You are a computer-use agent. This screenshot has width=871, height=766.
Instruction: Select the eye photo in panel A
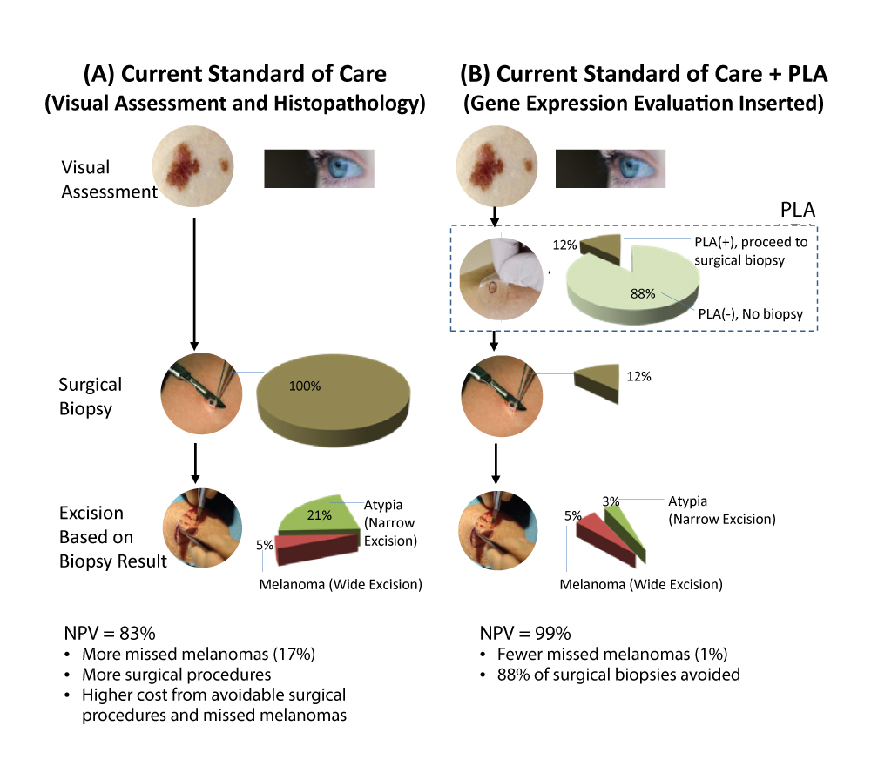[318, 168]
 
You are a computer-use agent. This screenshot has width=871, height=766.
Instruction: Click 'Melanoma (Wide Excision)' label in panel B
[641, 584]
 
